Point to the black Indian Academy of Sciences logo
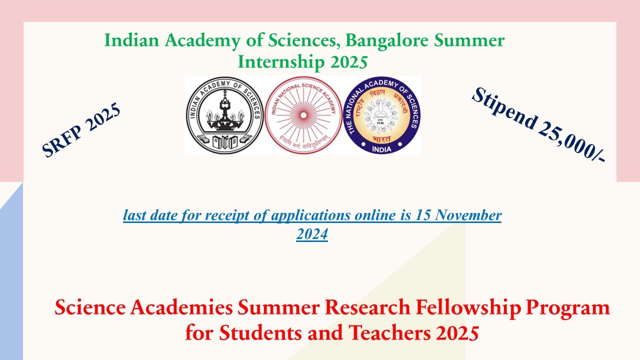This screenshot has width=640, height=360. click(x=224, y=115)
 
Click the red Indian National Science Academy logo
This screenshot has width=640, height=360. click(x=302, y=115)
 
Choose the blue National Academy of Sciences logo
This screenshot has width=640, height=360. click(x=382, y=115)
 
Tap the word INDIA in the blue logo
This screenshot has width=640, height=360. click(x=382, y=148)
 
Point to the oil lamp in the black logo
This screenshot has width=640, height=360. click(x=224, y=112)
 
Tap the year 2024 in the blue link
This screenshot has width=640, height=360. click(x=312, y=234)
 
